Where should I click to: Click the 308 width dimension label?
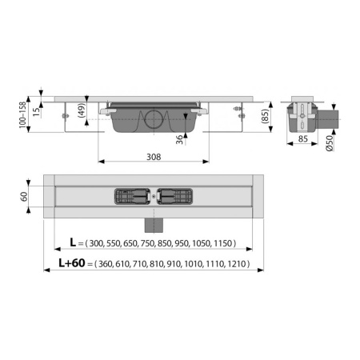coord(155,156)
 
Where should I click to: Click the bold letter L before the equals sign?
coord(73,240)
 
